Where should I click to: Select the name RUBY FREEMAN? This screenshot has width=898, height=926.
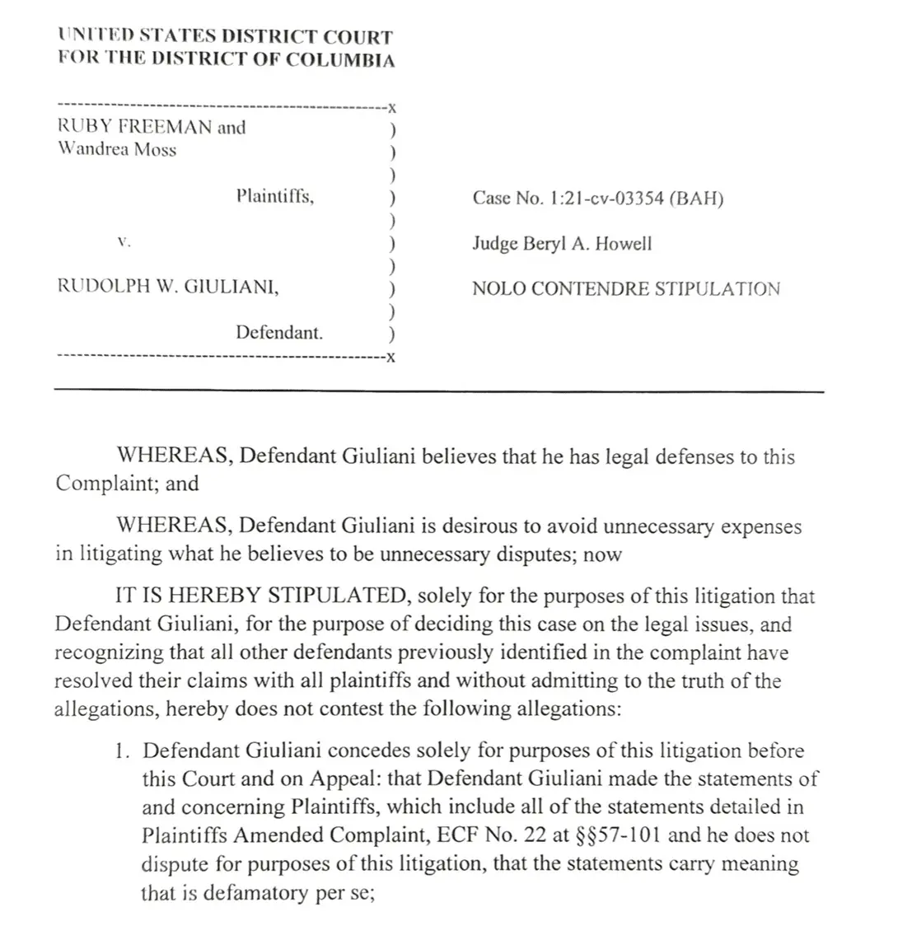tap(133, 128)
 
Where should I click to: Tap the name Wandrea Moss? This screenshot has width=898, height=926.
tap(116, 150)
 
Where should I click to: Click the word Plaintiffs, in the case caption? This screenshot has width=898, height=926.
tap(274, 196)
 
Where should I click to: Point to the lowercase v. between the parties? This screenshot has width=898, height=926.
tap(124, 243)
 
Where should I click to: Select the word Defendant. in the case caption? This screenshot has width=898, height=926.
tap(279, 333)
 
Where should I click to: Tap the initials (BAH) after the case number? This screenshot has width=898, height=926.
tap(697, 199)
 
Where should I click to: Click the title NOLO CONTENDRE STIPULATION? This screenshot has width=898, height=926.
tap(625, 289)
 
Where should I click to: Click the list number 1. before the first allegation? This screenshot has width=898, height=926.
tap(124, 751)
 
